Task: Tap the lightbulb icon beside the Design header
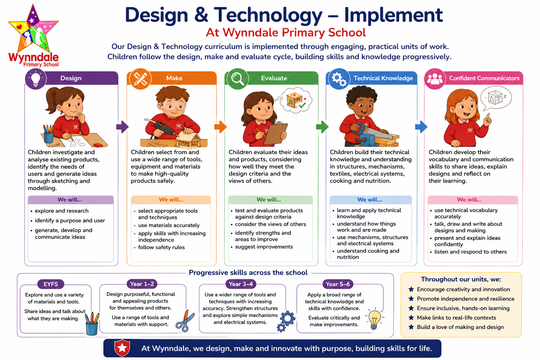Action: coord(36,79)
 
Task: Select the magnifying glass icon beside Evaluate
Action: coord(237,79)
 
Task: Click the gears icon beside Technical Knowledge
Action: coord(339,79)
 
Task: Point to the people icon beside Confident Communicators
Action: coord(435,79)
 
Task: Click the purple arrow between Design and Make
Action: coord(122,127)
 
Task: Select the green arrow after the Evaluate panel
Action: coord(322,127)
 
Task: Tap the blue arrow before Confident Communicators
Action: coord(421,127)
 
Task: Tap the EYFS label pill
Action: coord(51,284)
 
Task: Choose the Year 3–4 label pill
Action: coord(241,284)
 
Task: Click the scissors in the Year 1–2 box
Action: coord(185,321)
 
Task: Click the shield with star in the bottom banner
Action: coord(122,348)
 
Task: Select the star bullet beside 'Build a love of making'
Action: coord(411,327)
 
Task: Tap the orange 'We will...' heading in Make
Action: coord(171,200)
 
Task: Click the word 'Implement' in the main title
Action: coord(393,15)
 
